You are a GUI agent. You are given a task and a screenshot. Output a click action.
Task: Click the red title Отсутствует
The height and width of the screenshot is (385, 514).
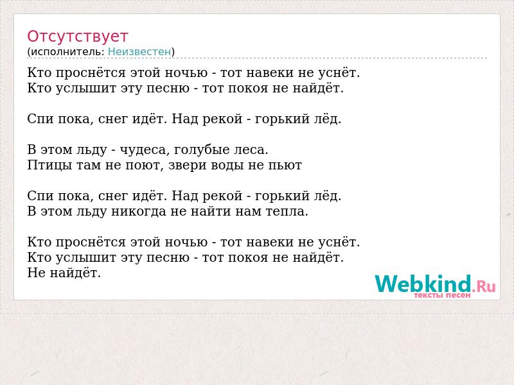click(77, 36)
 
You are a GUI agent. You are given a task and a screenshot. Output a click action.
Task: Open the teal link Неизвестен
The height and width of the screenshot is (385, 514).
click(139, 52)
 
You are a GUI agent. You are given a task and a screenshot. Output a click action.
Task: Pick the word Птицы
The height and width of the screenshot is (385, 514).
click(50, 166)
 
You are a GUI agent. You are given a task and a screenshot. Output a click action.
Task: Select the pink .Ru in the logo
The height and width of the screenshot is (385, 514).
click(484, 286)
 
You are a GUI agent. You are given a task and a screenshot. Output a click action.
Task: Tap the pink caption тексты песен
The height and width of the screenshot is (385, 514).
click(442, 295)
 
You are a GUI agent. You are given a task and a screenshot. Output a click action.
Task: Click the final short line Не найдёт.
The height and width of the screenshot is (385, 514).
click(64, 273)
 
